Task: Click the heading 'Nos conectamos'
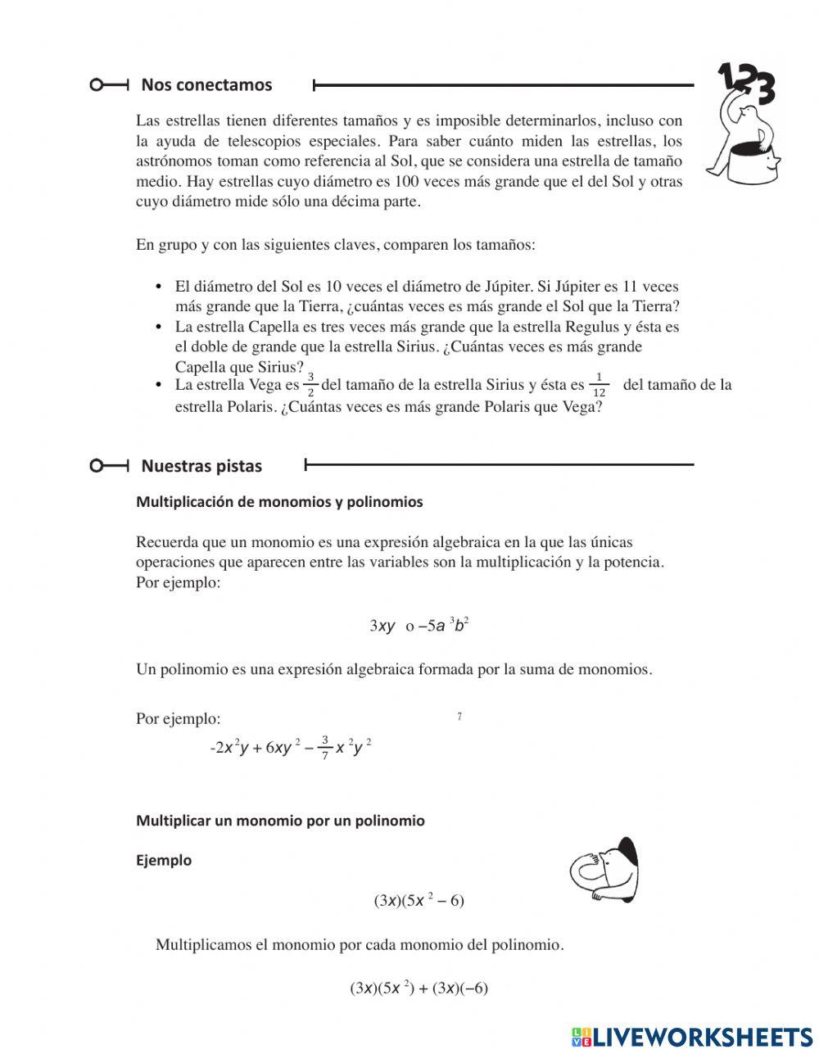point(206,84)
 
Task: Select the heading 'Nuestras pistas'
point(201,466)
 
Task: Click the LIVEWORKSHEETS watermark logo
point(692,1036)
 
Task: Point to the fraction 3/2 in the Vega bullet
point(310,385)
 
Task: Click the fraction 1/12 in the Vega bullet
point(599,385)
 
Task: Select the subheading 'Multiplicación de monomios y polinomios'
point(279,502)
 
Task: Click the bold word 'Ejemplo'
point(164,860)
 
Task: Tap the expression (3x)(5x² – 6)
point(419,901)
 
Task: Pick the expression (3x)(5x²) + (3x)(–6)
point(419,988)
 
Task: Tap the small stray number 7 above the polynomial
point(459,717)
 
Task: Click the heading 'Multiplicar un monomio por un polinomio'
point(280,821)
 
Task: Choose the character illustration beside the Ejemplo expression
point(604,870)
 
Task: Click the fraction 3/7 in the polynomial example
point(325,748)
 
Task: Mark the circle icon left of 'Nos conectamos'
point(97,84)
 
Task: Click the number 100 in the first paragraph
point(409,182)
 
